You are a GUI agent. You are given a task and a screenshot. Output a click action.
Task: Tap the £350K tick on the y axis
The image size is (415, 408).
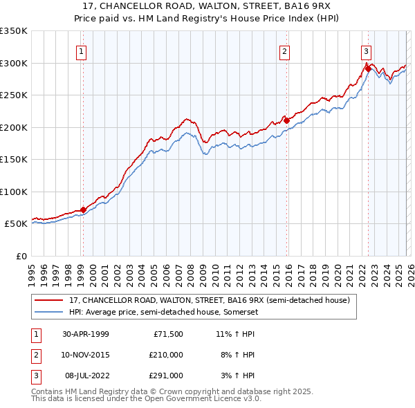click(x=13, y=31)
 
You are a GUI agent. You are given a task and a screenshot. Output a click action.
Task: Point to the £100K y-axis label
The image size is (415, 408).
click(x=13, y=192)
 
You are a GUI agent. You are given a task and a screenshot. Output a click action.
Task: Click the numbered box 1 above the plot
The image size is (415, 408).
click(x=82, y=50)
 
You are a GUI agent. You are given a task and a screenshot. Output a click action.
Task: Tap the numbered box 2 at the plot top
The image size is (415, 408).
click(x=284, y=50)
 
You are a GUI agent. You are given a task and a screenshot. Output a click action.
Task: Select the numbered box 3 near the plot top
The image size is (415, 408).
click(x=366, y=50)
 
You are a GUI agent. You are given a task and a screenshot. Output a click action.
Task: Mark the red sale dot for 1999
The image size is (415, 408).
click(x=84, y=210)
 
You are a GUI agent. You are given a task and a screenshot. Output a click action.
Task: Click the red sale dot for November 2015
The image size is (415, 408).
click(x=286, y=120)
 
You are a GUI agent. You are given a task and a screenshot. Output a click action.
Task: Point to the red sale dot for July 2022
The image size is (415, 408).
click(x=368, y=68)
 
